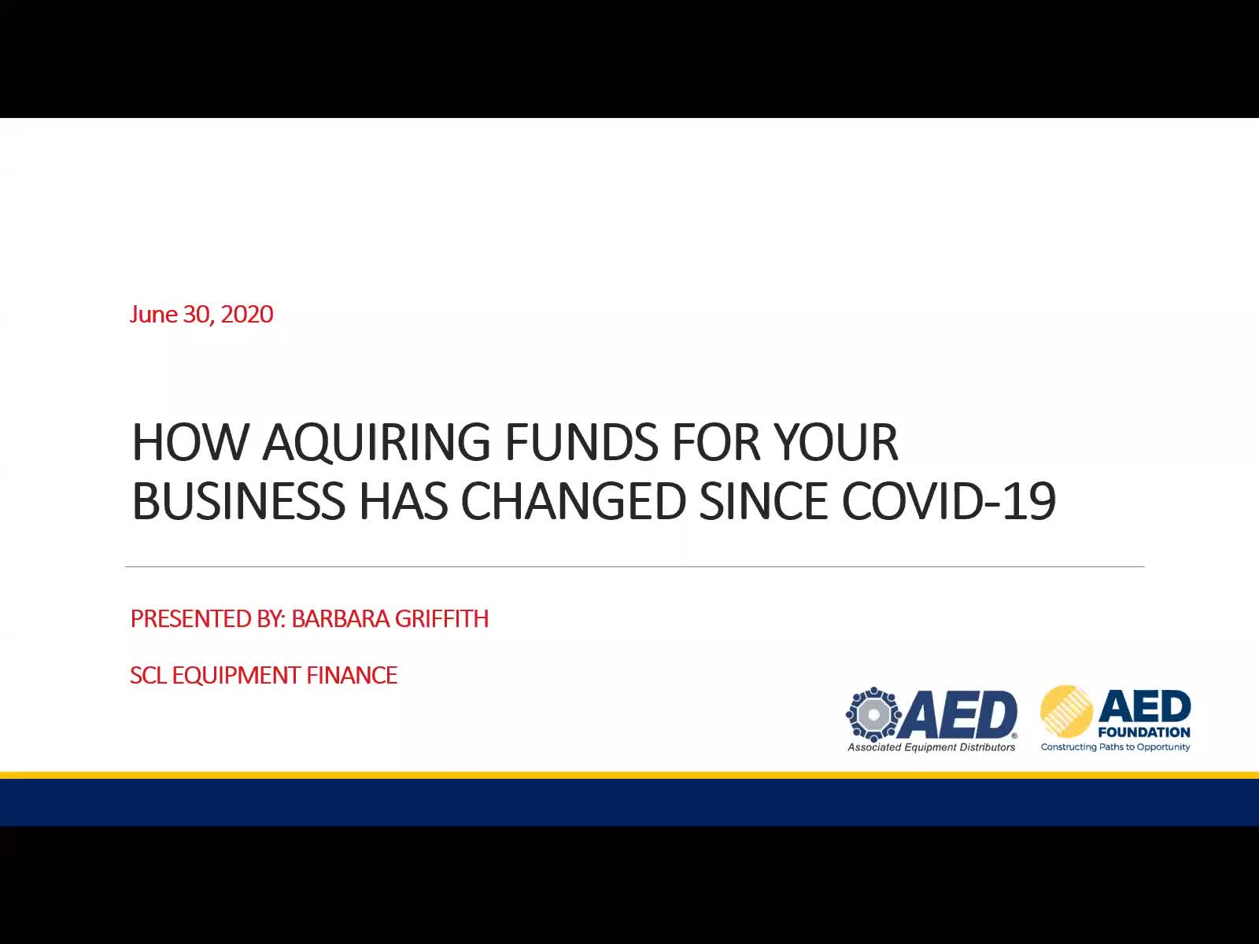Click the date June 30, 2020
tap(202, 315)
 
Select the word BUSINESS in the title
tap(238, 501)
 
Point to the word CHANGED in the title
tap(573, 501)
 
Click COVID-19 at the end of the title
tap(949, 501)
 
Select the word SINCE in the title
tap(763, 501)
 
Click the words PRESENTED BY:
tap(209, 619)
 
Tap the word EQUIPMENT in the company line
tap(236, 676)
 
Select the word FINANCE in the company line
tap(352, 676)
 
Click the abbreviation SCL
tap(149, 676)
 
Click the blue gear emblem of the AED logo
tap(873, 714)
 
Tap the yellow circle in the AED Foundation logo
tap(1066, 711)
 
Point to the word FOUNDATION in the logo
tap(1143, 732)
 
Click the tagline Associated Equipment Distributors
tap(932, 747)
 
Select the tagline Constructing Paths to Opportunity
tap(1115, 747)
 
